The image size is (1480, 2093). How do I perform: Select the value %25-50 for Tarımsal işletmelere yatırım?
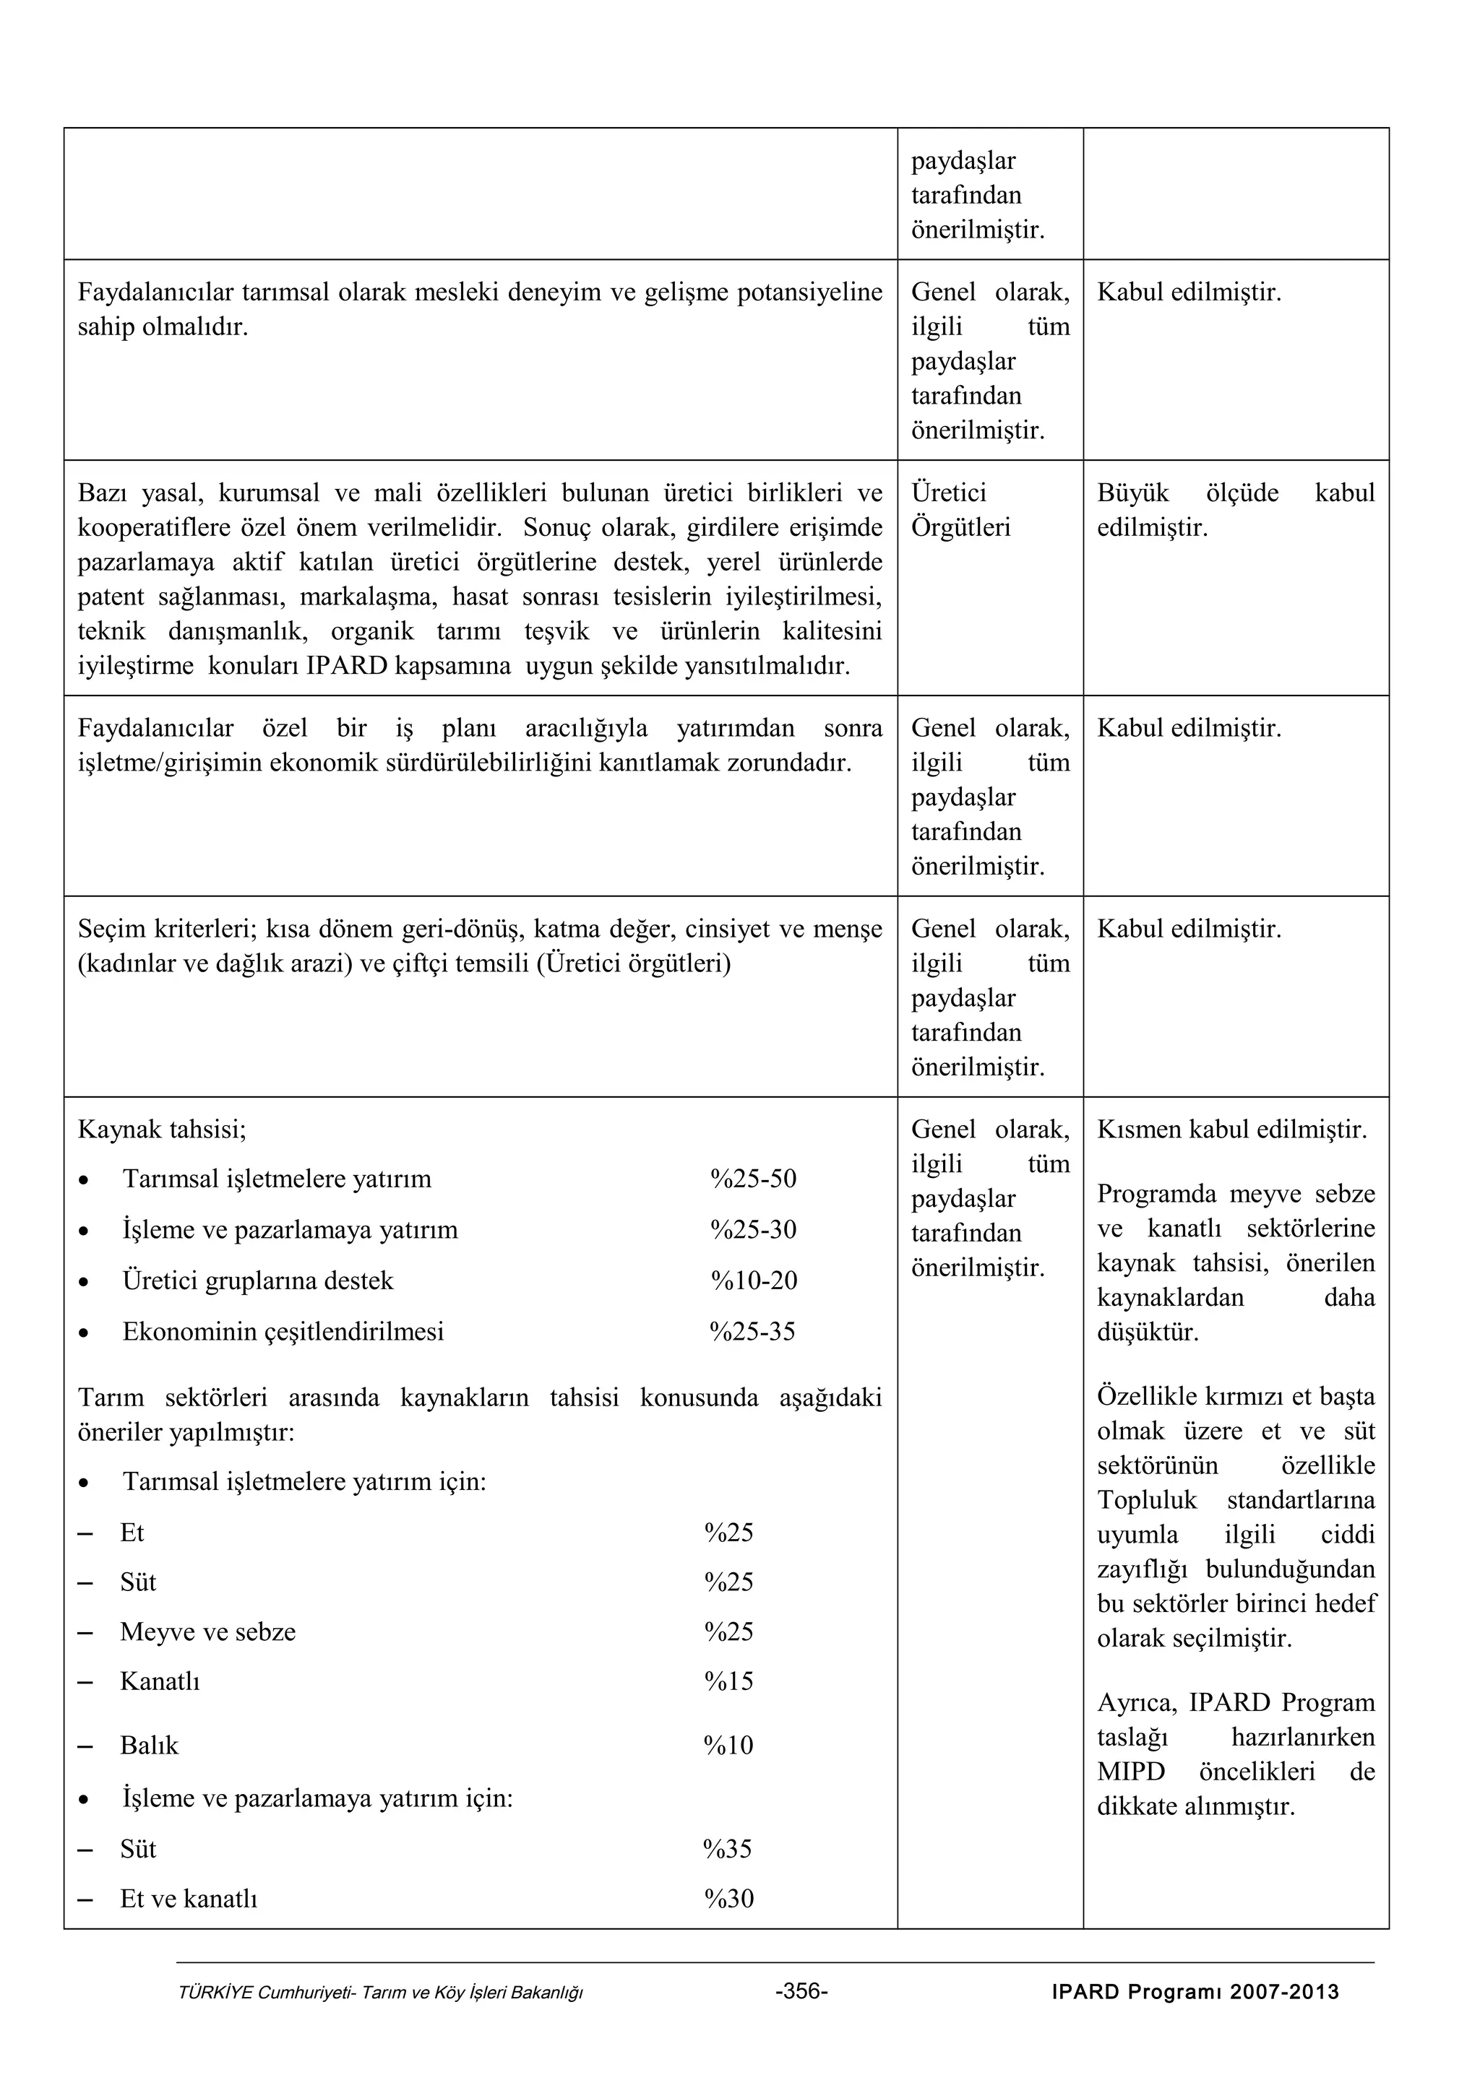752,1179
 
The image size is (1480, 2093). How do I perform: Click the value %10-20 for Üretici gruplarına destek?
753,1280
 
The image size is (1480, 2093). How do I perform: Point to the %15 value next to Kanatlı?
728,1681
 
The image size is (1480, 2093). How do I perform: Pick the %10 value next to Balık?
728,1745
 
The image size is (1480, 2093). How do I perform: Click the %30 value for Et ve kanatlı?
728,1899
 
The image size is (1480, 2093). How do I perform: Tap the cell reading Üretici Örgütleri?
960,511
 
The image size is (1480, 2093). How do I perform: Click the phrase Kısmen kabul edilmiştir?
1232,1130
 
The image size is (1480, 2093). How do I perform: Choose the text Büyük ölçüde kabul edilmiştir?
1235,511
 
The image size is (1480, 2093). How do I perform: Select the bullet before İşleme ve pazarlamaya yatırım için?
84,1798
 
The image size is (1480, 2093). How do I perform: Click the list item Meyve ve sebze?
208,1631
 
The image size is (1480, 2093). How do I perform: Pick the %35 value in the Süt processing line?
728,1849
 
